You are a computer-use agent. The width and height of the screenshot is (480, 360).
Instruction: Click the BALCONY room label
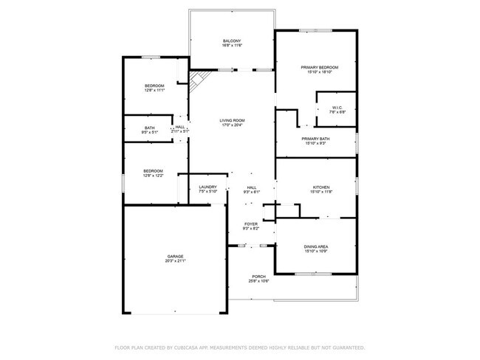tap(232, 41)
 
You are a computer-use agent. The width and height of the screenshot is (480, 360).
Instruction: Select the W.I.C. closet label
tap(337, 107)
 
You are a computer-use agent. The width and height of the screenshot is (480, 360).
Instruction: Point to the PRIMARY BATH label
tap(315, 138)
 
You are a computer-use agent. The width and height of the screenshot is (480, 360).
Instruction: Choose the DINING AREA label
tap(316, 246)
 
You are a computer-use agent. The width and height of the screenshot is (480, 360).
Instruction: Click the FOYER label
tap(251, 224)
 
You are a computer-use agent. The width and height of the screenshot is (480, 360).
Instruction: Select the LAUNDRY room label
tap(208, 187)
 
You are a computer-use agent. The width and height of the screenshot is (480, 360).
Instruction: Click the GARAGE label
tap(175, 256)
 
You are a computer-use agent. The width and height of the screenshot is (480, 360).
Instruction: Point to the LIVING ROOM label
tap(232, 120)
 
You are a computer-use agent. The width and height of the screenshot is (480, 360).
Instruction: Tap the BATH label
tap(150, 128)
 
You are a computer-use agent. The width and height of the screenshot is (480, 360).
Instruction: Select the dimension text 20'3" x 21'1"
tap(175, 261)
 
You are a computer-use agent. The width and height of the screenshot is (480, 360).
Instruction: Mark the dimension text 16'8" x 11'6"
tap(232, 46)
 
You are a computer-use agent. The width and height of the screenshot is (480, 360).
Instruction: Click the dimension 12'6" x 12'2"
tap(154, 176)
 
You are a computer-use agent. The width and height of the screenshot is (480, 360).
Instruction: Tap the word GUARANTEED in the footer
tap(347, 347)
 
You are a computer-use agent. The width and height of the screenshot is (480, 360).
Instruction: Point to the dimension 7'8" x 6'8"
tap(337, 112)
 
